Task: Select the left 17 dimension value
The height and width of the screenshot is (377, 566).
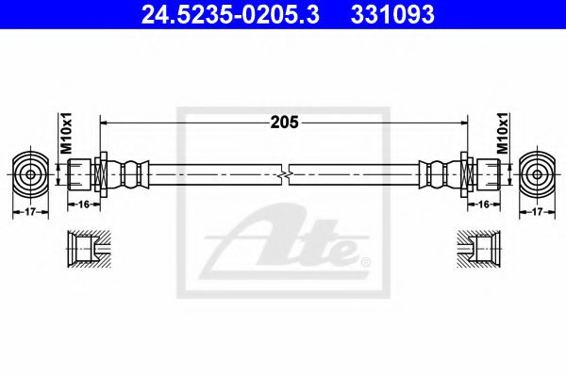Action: click(30, 212)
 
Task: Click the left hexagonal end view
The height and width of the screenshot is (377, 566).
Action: click(30, 174)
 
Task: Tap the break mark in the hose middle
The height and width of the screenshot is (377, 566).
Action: click(284, 174)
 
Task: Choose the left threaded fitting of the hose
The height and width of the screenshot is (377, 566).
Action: click(83, 174)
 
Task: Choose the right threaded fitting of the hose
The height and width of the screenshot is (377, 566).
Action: click(484, 174)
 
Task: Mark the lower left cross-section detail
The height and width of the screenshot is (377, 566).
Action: click(86, 250)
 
